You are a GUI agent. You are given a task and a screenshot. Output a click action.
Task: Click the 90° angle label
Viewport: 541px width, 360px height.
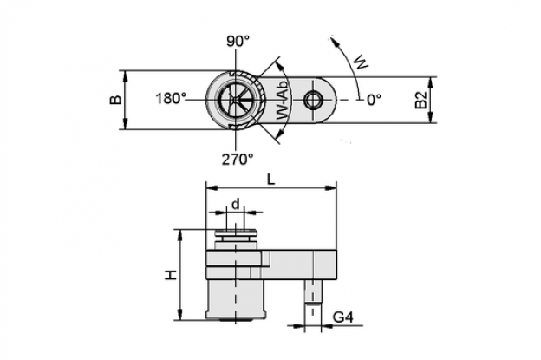[x=238, y=41]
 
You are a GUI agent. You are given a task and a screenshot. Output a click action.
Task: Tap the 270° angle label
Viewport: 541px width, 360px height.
[x=237, y=159]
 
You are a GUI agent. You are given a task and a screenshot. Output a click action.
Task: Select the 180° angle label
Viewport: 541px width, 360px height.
[x=171, y=99]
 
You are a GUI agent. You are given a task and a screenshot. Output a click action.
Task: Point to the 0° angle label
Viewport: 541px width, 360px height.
[x=374, y=100]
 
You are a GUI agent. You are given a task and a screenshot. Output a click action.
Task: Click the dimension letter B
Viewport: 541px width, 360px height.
[x=116, y=100]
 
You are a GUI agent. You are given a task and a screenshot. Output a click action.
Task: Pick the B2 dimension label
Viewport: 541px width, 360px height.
[x=421, y=100]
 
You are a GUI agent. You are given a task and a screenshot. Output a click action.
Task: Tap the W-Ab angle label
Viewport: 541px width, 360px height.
[x=283, y=101]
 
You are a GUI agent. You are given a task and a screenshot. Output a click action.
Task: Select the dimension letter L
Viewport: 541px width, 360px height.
[x=271, y=179]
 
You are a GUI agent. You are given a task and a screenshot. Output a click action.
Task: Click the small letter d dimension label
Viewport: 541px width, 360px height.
[x=235, y=204]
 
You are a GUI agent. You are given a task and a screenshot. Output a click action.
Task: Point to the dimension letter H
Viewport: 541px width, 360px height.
[x=171, y=275]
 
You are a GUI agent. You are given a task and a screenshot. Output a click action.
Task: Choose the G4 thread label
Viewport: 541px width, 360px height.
[x=343, y=317]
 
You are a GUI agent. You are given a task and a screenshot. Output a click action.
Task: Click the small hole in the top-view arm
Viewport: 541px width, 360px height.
[x=313, y=100]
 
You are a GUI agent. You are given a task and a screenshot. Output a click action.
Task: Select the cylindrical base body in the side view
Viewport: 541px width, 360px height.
[x=235, y=299]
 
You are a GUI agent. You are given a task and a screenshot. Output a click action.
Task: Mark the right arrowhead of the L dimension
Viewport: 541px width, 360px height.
[x=331, y=187]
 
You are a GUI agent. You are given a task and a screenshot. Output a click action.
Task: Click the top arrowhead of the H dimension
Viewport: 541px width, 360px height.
[x=179, y=235]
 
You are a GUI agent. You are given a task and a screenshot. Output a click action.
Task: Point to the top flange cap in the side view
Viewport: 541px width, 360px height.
[x=235, y=233]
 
